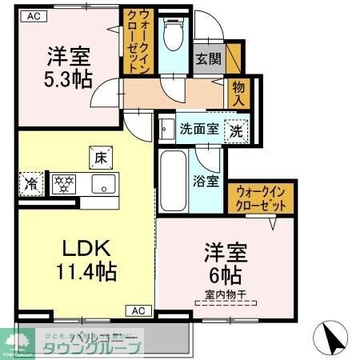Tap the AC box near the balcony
coord(137,310)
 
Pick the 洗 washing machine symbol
coord(238,129)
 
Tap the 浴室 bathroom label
coord(206,180)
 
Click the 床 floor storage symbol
coord(101,158)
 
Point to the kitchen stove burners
coord(63,183)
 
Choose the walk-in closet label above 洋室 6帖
coord(261,198)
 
